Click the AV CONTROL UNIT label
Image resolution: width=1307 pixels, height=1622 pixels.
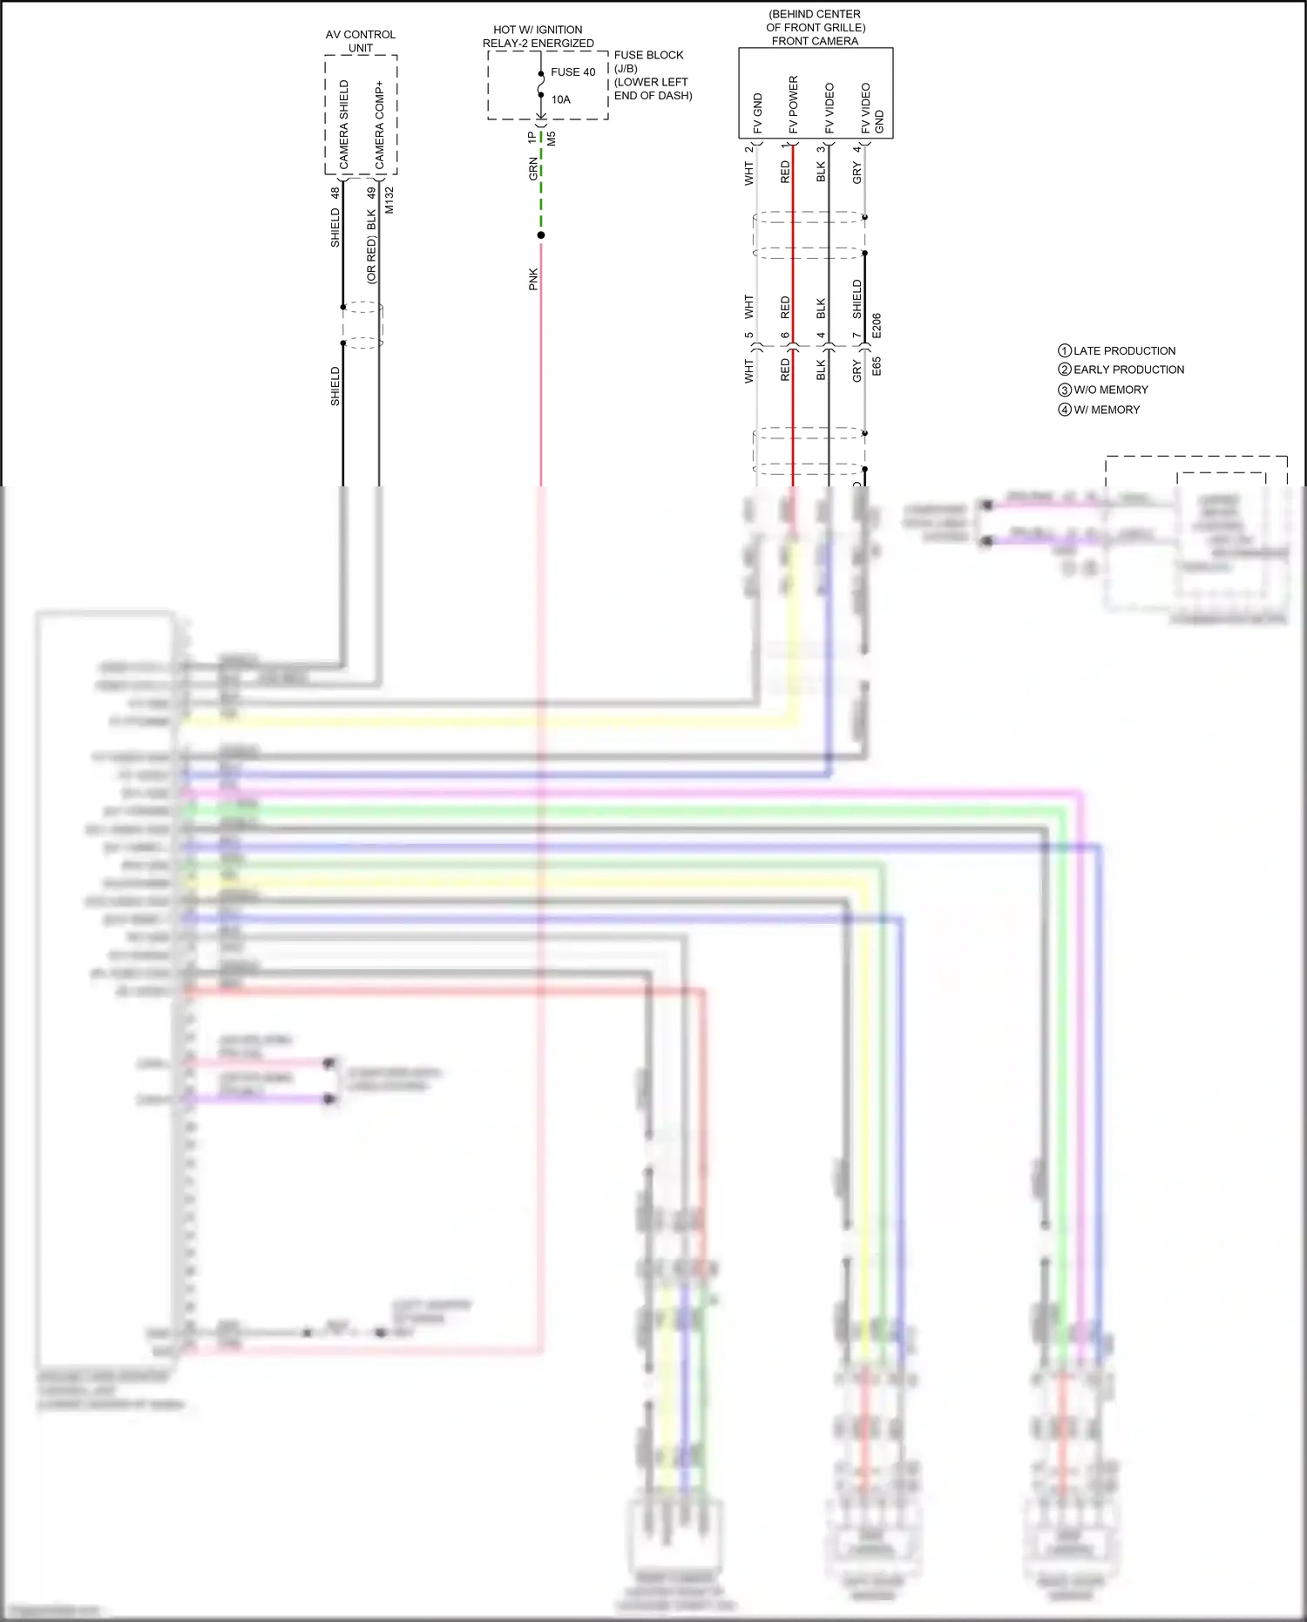coord(361,41)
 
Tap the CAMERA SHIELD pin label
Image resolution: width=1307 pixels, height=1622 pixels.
coord(343,125)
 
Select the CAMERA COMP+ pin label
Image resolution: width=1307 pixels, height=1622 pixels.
coord(379,125)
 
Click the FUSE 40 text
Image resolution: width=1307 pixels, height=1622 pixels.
coord(572,72)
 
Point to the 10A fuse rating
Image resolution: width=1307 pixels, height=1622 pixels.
coord(560,99)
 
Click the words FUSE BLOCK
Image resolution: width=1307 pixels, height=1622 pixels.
coord(648,55)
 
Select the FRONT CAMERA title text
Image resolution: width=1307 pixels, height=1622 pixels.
coord(815,41)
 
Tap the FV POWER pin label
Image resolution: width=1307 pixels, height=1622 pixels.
coord(793,105)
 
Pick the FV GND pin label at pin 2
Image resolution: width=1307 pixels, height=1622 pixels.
coord(757,113)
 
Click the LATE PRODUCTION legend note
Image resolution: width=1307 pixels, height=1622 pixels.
coord(1124,350)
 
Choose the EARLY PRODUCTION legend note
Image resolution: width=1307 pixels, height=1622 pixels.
coord(1128,370)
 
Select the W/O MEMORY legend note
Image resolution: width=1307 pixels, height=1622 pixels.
coord(1110,390)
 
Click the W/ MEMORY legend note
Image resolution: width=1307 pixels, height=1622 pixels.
coord(1107,410)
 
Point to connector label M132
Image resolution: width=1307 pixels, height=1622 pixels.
coord(389,200)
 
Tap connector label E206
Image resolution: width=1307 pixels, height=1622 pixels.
coord(877,326)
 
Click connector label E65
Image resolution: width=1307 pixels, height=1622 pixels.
coord(877,366)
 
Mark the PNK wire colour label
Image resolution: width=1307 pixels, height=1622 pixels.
coord(533,279)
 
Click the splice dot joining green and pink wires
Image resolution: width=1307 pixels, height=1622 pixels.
coord(541,235)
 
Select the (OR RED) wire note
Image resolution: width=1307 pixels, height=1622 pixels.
coord(371,260)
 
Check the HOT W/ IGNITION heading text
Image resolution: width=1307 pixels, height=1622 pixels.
coord(538,30)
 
